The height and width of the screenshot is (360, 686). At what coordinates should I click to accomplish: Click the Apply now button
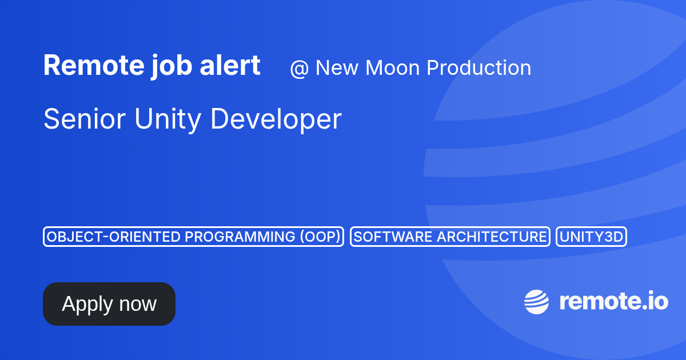(109, 303)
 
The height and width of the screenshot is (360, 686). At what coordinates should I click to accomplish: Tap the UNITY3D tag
(591, 237)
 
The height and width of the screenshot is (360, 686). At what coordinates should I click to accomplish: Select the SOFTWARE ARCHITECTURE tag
(450, 237)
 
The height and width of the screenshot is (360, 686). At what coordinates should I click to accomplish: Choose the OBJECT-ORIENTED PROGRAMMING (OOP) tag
(194, 237)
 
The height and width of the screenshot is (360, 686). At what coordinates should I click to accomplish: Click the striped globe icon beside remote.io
(536, 302)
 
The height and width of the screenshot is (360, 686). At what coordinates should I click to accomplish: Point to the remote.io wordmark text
(614, 302)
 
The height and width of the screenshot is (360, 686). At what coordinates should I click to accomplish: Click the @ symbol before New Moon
(299, 68)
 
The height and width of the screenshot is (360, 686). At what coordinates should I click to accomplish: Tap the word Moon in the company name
(393, 67)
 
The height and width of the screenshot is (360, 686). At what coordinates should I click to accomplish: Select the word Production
(478, 67)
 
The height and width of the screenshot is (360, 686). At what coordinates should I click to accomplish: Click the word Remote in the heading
(94, 65)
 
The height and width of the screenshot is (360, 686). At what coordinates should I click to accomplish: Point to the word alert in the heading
(230, 65)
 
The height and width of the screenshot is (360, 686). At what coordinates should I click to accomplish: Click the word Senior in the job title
(85, 119)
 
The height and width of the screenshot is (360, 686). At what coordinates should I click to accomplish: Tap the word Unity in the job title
(168, 120)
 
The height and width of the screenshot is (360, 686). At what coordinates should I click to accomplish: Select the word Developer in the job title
(276, 120)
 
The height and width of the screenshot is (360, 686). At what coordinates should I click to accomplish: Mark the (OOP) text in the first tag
(320, 237)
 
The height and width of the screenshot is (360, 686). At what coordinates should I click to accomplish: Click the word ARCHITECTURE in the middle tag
(492, 237)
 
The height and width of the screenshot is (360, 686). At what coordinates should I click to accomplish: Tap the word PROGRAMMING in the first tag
(240, 237)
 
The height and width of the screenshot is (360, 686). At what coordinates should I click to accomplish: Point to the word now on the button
(138, 305)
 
